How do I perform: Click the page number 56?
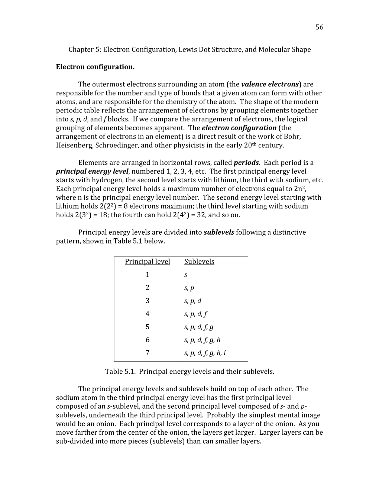click(319, 27)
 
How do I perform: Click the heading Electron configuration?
click(95, 67)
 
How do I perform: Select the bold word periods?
click(246, 163)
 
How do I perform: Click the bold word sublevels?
click(219, 232)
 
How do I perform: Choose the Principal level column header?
click(148, 262)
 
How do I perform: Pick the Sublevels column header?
click(199, 262)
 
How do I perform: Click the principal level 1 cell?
click(148, 275)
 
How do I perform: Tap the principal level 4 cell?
click(148, 314)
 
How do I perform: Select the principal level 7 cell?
click(148, 353)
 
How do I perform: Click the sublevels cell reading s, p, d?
click(192, 301)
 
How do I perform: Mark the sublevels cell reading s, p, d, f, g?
click(199, 327)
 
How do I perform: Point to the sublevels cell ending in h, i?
click(205, 353)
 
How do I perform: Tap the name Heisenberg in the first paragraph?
click(74, 146)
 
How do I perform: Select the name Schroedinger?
click(116, 146)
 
